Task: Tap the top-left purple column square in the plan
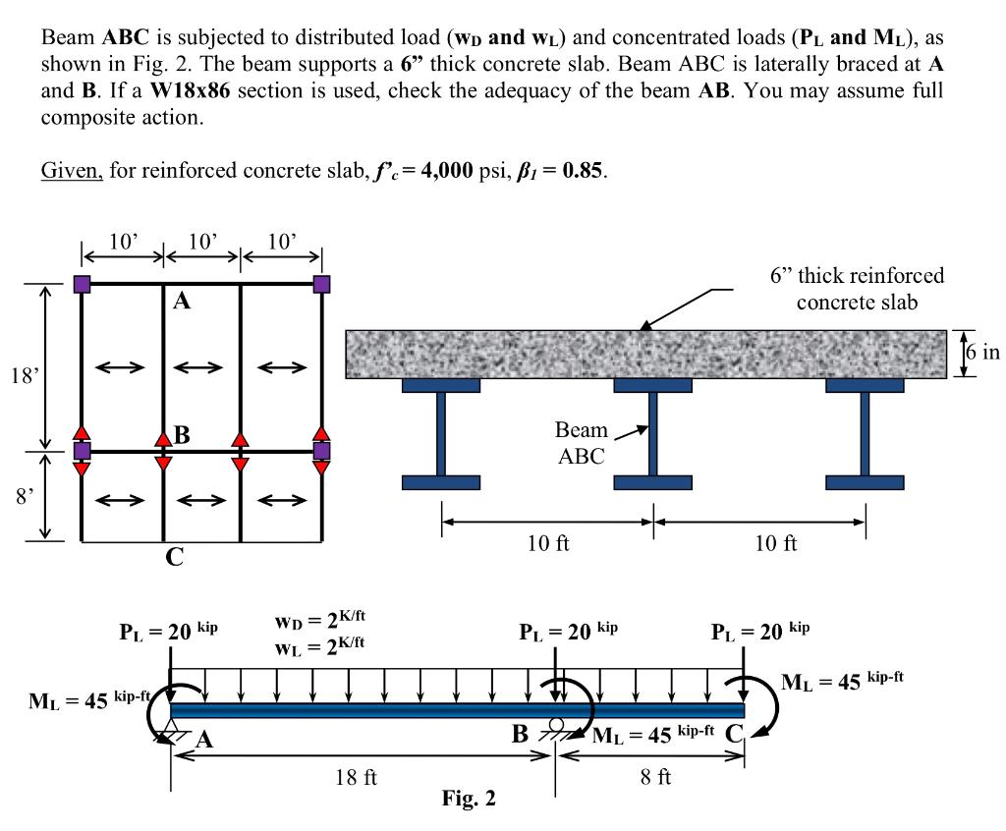click(x=82, y=285)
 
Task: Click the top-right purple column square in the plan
click(x=321, y=285)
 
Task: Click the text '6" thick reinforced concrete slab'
click(x=856, y=289)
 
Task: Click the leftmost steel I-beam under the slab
click(x=441, y=433)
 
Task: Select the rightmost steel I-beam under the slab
click(x=865, y=433)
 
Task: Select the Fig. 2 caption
click(x=469, y=799)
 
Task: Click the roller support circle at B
click(x=556, y=725)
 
